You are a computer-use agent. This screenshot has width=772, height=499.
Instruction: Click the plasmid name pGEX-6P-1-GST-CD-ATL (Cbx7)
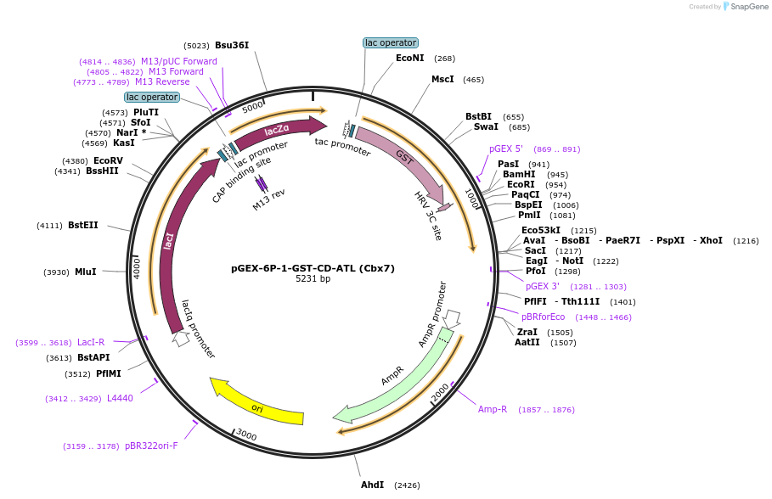click(313, 268)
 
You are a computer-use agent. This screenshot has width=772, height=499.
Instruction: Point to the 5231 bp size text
click(313, 279)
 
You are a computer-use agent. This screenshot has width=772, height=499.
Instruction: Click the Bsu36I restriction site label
click(232, 45)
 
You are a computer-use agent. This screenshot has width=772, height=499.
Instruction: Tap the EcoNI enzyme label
click(409, 59)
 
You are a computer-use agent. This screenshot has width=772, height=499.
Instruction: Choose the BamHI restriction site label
click(519, 175)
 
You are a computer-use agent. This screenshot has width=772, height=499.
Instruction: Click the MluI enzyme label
click(85, 272)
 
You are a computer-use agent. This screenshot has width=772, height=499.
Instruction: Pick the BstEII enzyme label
click(83, 225)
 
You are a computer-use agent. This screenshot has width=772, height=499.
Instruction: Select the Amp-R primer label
click(493, 409)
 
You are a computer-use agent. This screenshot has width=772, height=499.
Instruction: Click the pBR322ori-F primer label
click(151, 446)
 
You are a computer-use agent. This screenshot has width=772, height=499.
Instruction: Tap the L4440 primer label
click(120, 398)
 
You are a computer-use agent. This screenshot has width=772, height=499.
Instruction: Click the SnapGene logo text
click(750, 7)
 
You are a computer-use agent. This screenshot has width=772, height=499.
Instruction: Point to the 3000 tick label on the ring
click(246, 435)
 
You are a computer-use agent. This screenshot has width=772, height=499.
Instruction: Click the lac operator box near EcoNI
click(390, 42)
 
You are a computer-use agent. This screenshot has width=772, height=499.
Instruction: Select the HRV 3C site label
click(428, 216)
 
